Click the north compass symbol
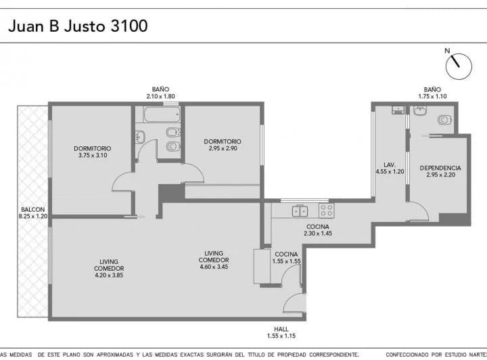459,66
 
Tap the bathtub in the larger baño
162,114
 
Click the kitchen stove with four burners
327,210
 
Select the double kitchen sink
300,211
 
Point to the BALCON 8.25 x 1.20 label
33,212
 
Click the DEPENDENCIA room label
440,168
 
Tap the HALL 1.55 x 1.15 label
281,332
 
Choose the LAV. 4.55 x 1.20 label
390,168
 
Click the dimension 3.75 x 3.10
93,156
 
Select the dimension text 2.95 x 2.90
223,148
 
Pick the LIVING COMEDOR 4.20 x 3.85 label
109,269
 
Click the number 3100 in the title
129,26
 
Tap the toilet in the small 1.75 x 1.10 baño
444,120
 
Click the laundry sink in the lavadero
398,110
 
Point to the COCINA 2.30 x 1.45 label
318,230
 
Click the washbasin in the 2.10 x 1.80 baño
140,137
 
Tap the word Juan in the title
26,26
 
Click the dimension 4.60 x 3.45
214,267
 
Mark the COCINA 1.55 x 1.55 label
286,258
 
